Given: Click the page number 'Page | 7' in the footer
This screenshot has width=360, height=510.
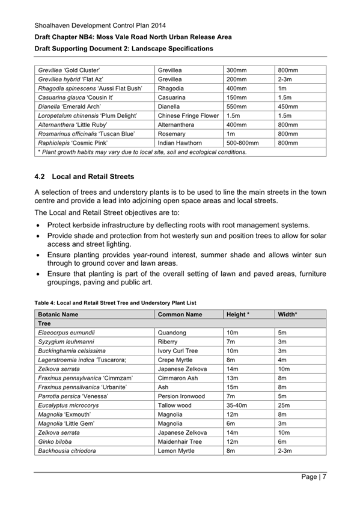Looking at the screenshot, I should pos(313,478).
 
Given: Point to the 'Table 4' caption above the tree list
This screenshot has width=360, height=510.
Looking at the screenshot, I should pos(115,302).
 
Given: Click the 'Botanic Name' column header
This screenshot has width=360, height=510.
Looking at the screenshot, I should pos(58,315).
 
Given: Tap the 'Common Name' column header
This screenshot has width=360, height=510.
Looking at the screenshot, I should pos(180,315).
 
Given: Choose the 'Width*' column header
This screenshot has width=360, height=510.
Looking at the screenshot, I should pos(288,315).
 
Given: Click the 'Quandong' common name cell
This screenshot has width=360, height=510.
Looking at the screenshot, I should pos(172,333).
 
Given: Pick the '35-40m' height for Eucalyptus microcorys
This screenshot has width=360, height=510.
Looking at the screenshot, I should pos(237,405).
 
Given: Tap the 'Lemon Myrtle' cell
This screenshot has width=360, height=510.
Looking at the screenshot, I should pos(177,450).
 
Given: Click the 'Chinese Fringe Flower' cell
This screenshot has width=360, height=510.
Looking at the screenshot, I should pos(188,115).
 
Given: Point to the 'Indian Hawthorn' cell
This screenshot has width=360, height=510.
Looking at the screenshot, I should pos(180,143).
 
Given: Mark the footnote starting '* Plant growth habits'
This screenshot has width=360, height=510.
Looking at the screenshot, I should pos(142,152).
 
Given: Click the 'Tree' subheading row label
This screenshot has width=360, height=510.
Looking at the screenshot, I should pos(44,324).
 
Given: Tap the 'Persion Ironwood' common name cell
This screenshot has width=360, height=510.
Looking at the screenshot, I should pos(181,396).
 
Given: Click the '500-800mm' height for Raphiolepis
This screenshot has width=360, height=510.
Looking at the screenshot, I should pos(242,143).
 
